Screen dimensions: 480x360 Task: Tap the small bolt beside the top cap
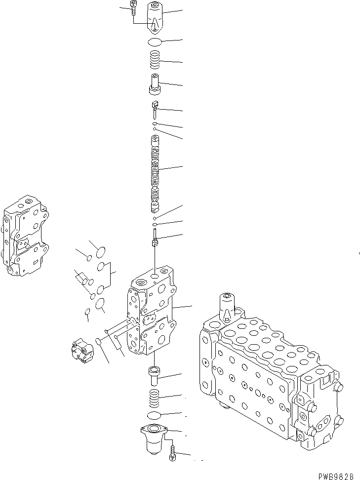point(134,8)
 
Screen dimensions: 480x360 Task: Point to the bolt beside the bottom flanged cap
point(172,453)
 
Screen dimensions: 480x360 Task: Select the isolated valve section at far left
point(26,237)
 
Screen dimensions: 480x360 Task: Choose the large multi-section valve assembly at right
point(269,380)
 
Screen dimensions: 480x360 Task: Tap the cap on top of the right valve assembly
point(228,306)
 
